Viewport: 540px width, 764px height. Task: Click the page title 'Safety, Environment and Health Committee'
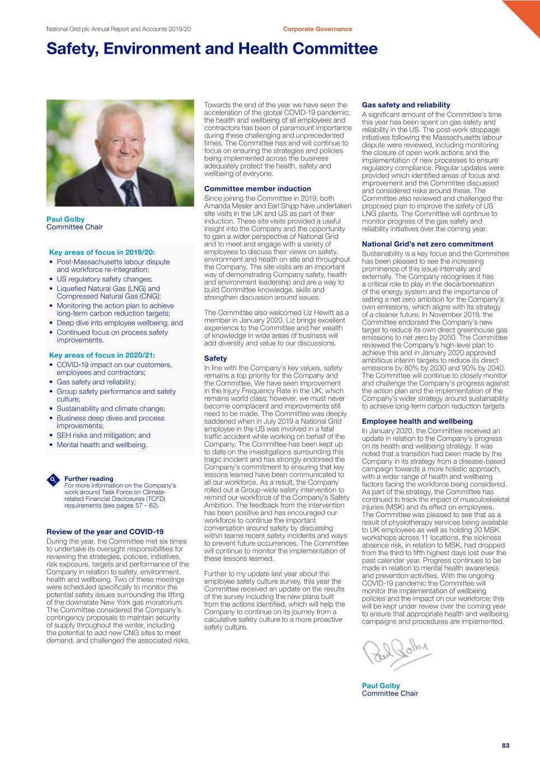click(212, 49)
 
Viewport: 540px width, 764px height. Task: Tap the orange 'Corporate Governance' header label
click(317, 29)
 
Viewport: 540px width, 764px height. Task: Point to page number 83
click(505, 746)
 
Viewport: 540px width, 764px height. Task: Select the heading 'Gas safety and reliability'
click(406, 105)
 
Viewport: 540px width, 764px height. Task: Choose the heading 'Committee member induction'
click(257, 189)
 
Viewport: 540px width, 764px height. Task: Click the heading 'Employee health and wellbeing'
click(417, 421)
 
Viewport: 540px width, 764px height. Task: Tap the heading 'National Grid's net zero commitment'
click(428, 244)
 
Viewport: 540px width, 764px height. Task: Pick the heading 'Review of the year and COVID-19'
click(105, 532)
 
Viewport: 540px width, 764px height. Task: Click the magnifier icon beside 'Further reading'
click(53, 479)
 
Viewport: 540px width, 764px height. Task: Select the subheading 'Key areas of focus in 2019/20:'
click(102, 252)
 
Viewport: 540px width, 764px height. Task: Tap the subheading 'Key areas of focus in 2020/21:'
click(102, 355)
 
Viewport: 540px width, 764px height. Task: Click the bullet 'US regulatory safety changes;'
click(104, 279)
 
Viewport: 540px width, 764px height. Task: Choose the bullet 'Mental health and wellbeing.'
click(102, 445)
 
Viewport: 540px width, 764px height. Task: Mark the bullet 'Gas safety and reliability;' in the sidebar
click(96, 382)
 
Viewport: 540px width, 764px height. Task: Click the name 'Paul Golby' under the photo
click(65, 219)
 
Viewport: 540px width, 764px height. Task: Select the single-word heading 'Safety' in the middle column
click(215, 358)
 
